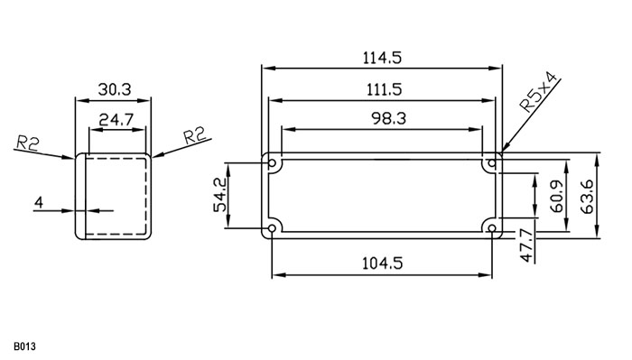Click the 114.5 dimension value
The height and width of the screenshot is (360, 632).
(x=382, y=58)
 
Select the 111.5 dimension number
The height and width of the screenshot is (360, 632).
(x=384, y=89)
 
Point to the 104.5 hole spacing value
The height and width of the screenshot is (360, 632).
(x=382, y=263)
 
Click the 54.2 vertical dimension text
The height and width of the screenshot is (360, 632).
(x=220, y=195)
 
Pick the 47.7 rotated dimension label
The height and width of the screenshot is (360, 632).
(x=526, y=245)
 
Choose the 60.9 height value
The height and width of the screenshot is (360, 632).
(x=557, y=197)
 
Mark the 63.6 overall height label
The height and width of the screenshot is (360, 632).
(x=587, y=197)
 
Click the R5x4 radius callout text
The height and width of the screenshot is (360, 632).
(x=539, y=92)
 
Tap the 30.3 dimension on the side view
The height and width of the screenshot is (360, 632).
(x=115, y=89)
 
